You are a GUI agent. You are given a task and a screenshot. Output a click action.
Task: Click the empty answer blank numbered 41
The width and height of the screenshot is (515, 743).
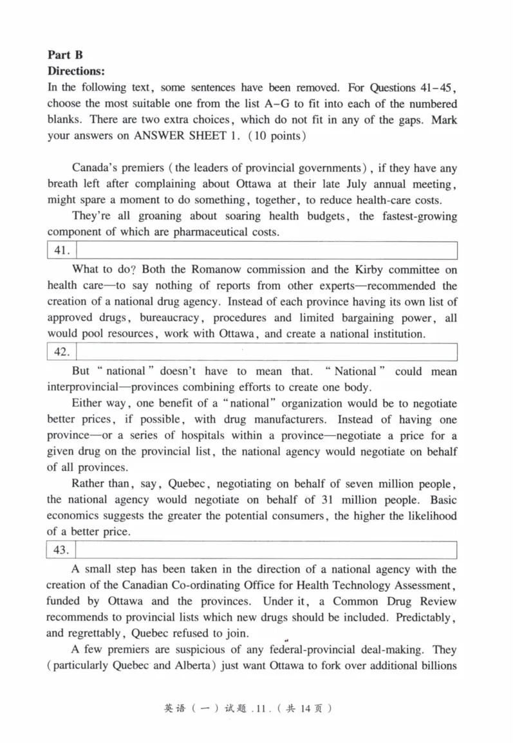[267, 250]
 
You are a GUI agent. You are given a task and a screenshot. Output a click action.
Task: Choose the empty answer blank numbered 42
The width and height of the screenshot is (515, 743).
[267, 352]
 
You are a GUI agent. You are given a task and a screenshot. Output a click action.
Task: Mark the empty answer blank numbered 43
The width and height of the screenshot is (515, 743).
[267, 550]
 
